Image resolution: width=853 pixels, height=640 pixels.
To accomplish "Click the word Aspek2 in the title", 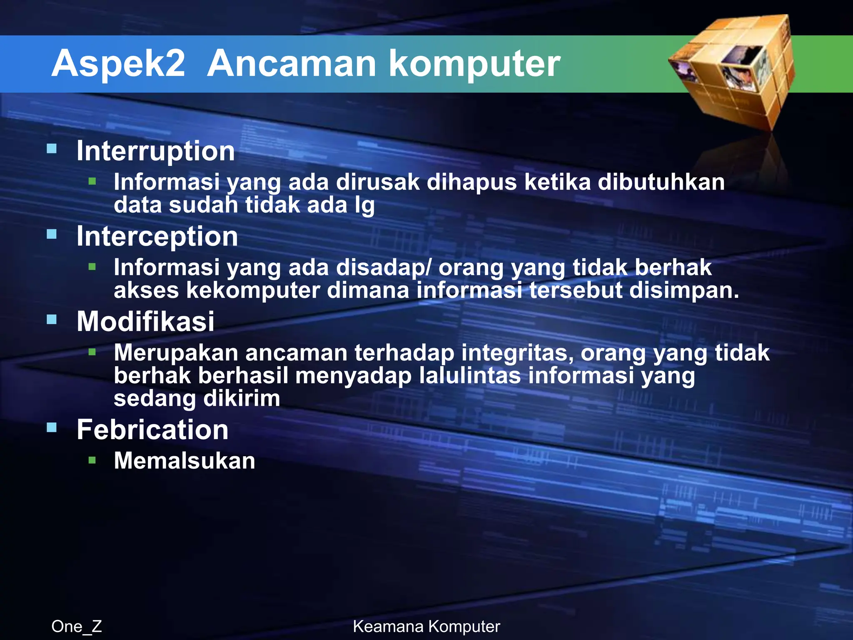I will (x=118, y=63).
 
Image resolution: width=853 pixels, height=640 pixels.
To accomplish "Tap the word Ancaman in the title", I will (x=292, y=63).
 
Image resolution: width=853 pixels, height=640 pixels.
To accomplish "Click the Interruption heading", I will (x=156, y=151).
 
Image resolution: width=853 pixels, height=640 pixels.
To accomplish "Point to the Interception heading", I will (x=157, y=236).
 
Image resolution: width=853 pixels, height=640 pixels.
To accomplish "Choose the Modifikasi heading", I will (x=145, y=322).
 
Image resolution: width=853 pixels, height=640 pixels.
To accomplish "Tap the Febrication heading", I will (x=152, y=430).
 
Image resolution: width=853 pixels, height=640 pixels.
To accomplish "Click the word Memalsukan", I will (x=185, y=461).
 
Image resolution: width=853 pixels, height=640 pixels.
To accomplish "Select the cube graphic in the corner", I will (x=733, y=71).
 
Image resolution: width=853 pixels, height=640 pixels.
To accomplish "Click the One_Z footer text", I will (x=77, y=626).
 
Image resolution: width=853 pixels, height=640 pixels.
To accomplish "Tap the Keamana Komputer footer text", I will (x=426, y=626).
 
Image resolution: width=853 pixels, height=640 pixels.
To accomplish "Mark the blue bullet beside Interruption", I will (x=52, y=149).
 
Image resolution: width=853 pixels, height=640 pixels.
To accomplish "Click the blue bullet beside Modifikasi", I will (x=52, y=320).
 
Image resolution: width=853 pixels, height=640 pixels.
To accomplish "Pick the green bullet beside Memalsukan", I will (x=92, y=460).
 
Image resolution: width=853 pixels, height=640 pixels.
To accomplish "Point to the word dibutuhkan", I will (x=661, y=182).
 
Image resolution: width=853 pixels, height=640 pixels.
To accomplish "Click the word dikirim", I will (x=242, y=398).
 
